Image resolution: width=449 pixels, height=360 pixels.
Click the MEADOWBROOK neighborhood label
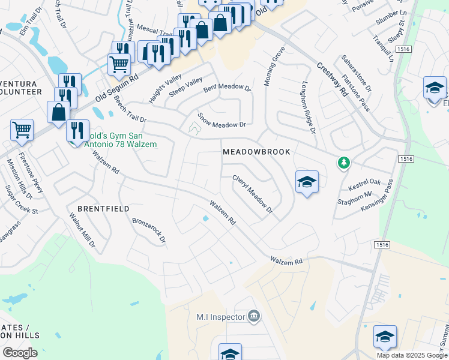click(x=256, y=152)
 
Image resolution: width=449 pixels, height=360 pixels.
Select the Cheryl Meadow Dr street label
click(x=252, y=194)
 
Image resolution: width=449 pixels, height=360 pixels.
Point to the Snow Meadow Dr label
click(x=222, y=121)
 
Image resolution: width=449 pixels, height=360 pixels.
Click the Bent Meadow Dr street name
click(x=226, y=88)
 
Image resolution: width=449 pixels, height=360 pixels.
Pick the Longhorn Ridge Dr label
click(x=309, y=106)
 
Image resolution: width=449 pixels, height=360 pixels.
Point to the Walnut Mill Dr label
click(x=82, y=230)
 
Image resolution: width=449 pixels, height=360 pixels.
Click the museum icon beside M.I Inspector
click(x=253, y=316)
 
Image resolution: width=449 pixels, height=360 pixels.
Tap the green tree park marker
click(x=343, y=163)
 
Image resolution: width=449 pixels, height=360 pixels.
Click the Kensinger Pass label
click(x=376, y=196)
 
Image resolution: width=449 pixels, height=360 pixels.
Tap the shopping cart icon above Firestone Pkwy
click(x=22, y=130)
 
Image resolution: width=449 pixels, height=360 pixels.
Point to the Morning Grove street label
click(x=274, y=67)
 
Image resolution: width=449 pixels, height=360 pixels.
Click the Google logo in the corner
click(x=20, y=353)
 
